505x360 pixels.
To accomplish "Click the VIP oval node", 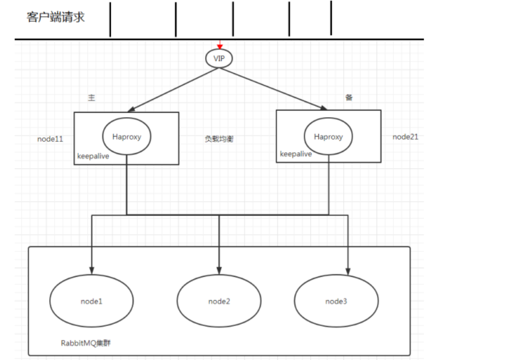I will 219,58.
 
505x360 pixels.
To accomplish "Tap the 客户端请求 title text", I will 56,17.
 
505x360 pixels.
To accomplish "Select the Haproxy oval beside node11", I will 127,137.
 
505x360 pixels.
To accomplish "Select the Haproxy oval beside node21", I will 328,137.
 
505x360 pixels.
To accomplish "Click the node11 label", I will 50,139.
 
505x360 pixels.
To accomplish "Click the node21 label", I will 405,137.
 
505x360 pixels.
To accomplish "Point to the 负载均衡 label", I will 219,139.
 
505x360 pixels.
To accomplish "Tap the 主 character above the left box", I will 91,97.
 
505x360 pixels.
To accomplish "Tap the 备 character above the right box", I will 349,97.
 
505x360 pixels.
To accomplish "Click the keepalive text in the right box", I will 296,154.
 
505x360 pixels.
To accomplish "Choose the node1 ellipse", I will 91,301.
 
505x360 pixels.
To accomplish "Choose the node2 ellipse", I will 219,301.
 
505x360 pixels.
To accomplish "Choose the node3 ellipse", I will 336,301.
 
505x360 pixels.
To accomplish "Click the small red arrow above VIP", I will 219,45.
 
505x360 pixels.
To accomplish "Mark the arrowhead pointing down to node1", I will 92,268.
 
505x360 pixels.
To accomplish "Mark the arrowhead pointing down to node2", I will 219,268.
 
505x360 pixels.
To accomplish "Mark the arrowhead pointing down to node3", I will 347,268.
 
